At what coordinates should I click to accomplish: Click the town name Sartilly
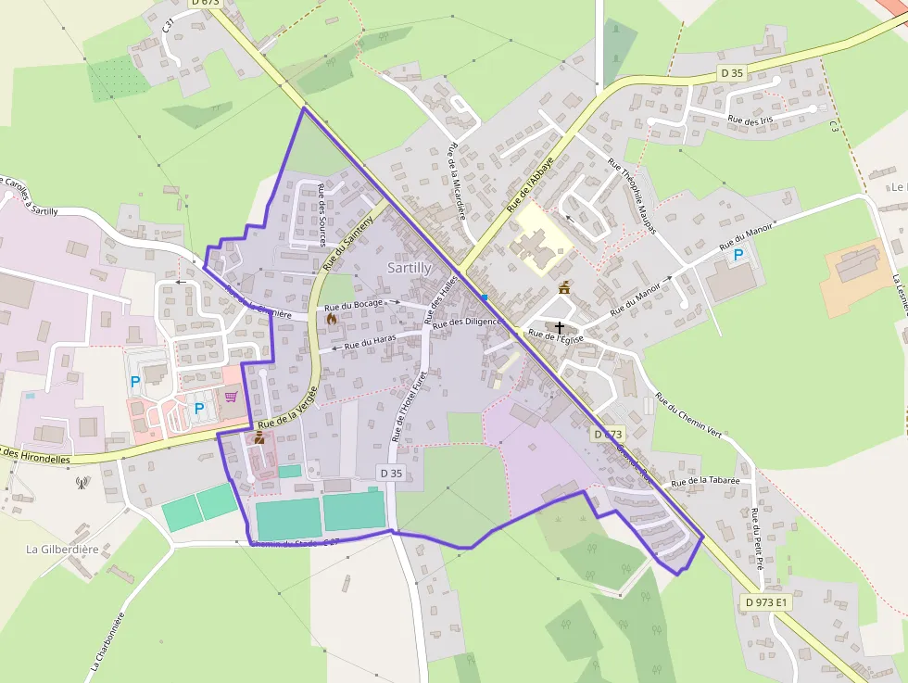[x=409, y=268]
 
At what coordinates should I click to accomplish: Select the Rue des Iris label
[x=750, y=120]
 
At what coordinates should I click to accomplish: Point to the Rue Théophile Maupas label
[x=632, y=196]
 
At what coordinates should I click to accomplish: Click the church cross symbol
[x=560, y=327]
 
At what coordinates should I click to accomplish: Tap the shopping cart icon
[x=231, y=397]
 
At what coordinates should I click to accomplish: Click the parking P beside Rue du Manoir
[x=738, y=255]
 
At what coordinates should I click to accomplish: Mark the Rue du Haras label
[x=370, y=343]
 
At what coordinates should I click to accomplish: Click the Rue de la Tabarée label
[x=705, y=481]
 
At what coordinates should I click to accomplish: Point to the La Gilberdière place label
[x=62, y=550]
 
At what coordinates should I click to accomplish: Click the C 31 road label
[x=169, y=27]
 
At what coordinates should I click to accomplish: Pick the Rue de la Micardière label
[x=455, y=182]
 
